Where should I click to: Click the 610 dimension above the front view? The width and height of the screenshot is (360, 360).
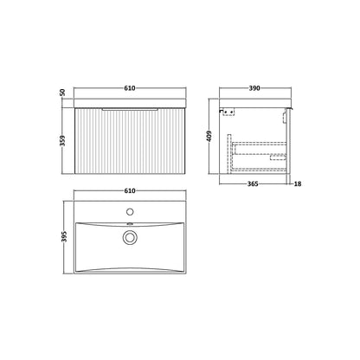point(130,88)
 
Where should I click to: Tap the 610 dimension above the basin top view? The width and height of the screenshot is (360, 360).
point(130,190)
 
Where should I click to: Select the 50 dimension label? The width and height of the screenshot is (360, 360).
point(62,93)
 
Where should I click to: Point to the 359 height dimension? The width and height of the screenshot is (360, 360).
point(62,141)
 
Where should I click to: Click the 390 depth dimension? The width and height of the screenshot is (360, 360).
point(254,88)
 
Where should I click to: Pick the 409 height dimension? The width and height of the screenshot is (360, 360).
point(209,136)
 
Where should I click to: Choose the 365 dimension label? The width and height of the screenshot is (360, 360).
point(253,183)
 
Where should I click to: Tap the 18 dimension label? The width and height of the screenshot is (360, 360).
point(298,183)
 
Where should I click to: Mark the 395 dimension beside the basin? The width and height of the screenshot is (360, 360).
point(65,236)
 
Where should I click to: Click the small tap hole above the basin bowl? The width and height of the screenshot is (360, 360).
point(130,212)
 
